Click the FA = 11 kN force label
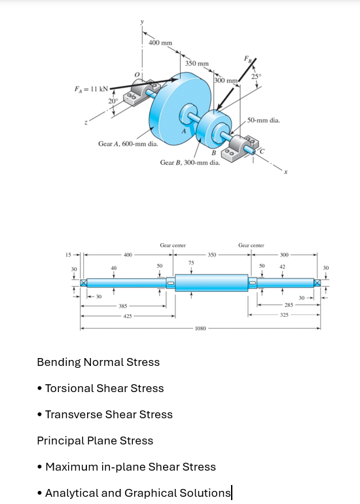(91, 89)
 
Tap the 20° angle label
(113, 101)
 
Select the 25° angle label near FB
(256, 77)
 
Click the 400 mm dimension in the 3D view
(160, 43)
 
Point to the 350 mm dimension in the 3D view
(197, 63)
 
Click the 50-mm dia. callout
(264, 120)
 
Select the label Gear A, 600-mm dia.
(128, 144)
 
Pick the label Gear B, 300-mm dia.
(190, 162)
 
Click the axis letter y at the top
(142, 22)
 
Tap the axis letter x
(285, 172)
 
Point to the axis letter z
(86, 122)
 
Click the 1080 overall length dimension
(200, 329)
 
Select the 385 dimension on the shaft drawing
(123, 306)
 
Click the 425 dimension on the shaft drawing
(128, 316)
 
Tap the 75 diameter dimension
(191, 262)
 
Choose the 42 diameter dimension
(282, 266)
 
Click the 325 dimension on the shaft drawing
(284, 315)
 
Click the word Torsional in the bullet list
(69, 388)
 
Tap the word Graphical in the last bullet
(150, 493)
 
